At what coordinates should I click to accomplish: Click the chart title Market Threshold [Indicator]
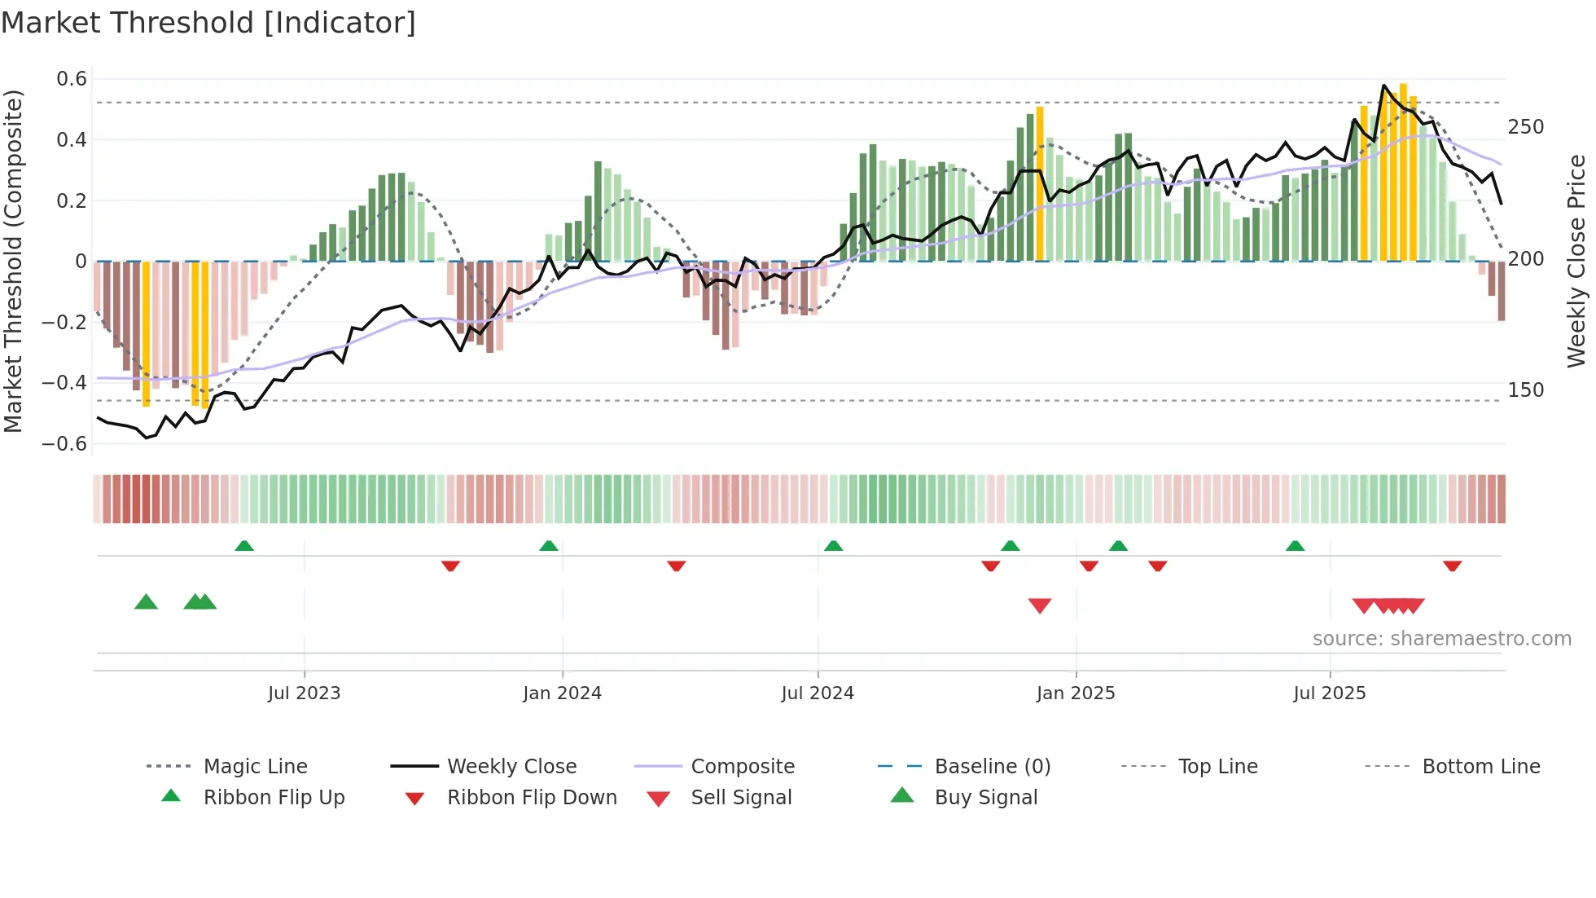[208, 23]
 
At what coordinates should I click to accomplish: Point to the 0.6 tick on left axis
[72, 79]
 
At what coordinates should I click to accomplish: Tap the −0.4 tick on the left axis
[65, 382]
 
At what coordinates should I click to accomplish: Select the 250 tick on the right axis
[1525, 127]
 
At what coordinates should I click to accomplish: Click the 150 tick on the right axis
[1525, 390]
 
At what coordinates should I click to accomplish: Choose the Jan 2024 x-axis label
[562, 693]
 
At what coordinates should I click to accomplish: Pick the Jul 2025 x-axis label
[1329, 693]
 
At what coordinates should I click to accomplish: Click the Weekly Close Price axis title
[1576, 261]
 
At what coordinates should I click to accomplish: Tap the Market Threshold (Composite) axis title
[13, 261]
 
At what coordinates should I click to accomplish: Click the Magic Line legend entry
[255, 767]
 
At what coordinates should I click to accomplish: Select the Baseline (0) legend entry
[992, 767]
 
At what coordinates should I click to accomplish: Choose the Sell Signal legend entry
[740, 798]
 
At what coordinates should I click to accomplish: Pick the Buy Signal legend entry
[985, 798]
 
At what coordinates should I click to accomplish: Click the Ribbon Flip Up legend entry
[274, 798]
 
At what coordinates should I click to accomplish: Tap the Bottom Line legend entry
[1480, 767]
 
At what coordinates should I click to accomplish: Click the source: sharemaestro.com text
[1441, 639]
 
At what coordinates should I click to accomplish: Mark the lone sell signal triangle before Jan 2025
[1040, 605]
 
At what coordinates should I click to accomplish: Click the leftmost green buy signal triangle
[146, 602]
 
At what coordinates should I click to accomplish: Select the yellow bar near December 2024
[1040, 183]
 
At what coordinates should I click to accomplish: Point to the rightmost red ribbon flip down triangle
[1452, 566]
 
